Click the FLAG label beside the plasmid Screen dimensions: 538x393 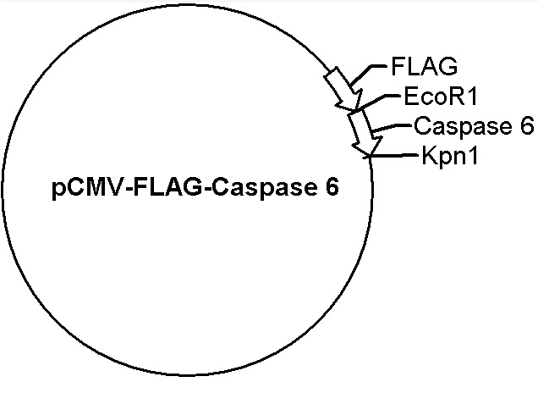tap(424, 66)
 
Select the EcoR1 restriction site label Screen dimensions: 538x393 tap(441, 97)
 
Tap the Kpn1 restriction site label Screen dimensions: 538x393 tap(450, 157)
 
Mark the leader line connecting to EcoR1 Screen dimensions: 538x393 tap(377, 102)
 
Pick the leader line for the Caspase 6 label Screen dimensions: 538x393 tap(391, 127)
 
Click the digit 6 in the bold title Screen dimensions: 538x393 tap(332, 187)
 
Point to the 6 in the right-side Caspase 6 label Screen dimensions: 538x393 tap(526, 125)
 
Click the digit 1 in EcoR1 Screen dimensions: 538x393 tap(472, 97)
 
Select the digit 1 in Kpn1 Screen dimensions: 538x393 tap(473, 155)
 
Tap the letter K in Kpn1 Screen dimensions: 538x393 tap(429, 155)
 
